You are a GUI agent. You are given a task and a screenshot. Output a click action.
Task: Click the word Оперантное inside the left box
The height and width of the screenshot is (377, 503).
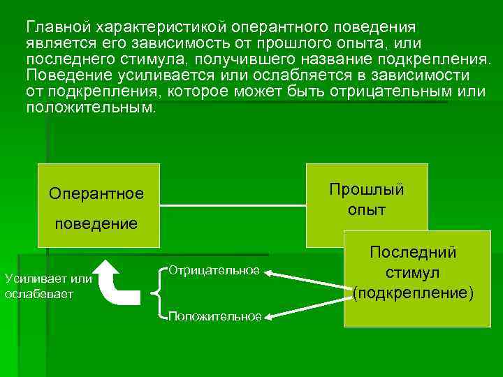[x=96, y=193]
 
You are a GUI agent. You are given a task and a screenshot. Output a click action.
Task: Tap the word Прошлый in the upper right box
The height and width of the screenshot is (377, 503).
[x=366, y=190]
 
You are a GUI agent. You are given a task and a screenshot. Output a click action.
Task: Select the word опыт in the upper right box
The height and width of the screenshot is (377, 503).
[x=366, y=209]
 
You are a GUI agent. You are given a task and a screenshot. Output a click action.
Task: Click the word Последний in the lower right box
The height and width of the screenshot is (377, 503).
[x=413, y=251]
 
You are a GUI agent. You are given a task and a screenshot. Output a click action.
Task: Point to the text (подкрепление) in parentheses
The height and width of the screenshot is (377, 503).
[x=413, y=293]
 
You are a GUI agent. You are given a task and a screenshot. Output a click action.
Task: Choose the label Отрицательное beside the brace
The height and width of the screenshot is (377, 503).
[x=214, y=270]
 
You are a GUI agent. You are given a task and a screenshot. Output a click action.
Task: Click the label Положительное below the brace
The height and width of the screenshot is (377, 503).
[x=214, y=317]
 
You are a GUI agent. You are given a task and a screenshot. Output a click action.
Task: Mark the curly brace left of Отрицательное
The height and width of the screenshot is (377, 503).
[x=157, y=293]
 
